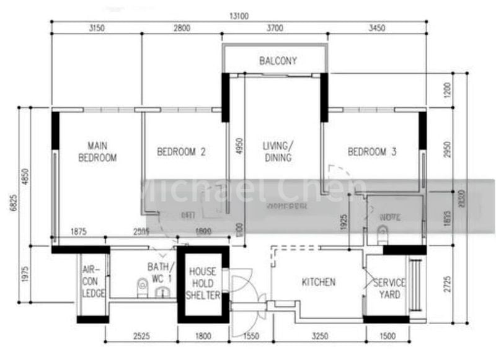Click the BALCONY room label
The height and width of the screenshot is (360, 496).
(278, 61)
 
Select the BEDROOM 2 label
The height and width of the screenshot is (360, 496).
(181, 151)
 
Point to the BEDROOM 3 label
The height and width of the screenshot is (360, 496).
(372, 151)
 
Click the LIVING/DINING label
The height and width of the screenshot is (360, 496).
(277, 152)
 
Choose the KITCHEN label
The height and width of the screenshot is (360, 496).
(318, 283)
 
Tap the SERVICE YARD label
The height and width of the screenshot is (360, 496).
(389, 289)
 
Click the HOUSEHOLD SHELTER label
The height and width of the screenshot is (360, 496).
(203, 284)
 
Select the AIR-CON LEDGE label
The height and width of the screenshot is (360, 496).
(93, 282)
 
